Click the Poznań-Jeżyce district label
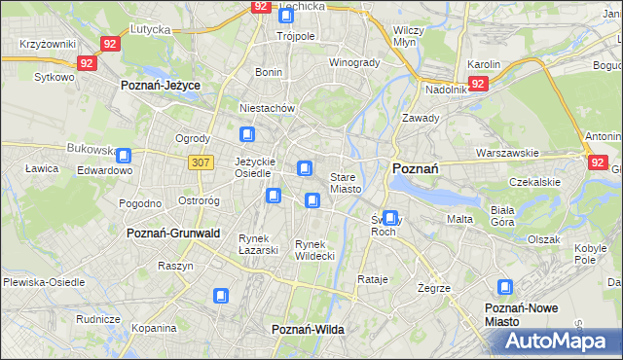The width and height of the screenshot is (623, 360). coord(160,86)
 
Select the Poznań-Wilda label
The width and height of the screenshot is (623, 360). coord(309,330)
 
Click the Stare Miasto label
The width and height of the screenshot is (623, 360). coord(346,183)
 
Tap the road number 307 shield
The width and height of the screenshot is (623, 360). coord(201,162)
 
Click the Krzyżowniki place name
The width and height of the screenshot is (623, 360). coord(48,45)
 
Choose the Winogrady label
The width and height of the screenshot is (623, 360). coord(353,62)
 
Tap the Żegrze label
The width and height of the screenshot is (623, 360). coord(433,288)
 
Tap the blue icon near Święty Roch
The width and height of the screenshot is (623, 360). coord(390,218)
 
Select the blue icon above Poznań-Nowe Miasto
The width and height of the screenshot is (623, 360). coord(504,287)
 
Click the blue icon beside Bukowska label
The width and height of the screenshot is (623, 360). coord(125,155)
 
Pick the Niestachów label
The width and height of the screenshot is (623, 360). coord(267,108)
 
